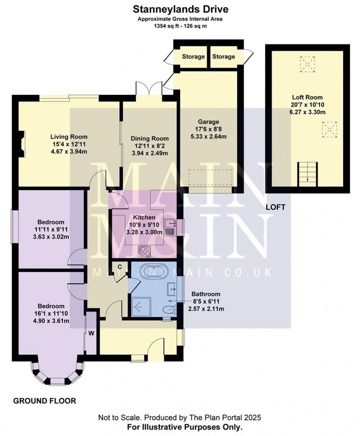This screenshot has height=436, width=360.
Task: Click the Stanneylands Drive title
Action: (180, 8)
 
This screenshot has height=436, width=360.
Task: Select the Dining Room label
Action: (150, 139)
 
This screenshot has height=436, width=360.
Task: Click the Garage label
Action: (209, 122)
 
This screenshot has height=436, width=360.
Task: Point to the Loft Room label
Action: (307, 97)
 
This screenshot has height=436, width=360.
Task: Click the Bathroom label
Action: (206, 294)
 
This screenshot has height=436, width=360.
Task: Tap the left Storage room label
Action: (193, 57)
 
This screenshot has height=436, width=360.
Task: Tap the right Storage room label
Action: (223, 57)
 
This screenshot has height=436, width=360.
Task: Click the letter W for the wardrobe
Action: (91, 333)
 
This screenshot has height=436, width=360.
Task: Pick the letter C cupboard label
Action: (120, 267)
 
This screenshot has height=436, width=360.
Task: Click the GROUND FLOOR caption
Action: (45, 401)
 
